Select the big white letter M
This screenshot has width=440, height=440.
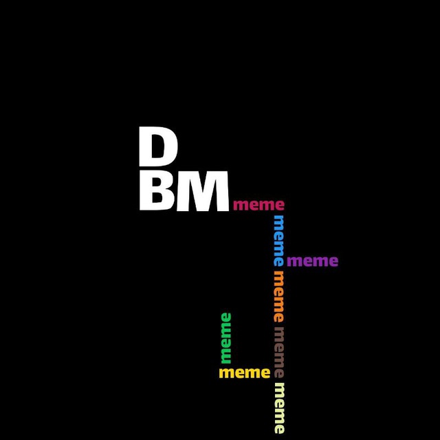coord(203,191)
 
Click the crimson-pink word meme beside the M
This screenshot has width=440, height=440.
coord(258,205)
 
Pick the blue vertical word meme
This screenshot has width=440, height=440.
coord(279,241)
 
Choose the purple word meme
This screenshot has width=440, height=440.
coord(312,261)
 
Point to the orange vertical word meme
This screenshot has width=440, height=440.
coord(279,296)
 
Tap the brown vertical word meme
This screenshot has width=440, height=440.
coord(279,352)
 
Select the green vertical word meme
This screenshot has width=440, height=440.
coord(226,338)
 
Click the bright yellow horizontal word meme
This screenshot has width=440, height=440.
coord(245,373)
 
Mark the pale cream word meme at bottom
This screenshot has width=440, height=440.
coord(279,408)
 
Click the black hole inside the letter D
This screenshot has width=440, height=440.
coord(159,146)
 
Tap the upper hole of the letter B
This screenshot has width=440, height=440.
coord(157,183)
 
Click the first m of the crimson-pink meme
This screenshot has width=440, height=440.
coord(241,206)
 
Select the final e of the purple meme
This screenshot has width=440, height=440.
coord(333,262)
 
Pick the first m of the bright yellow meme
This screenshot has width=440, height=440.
coord(227,373)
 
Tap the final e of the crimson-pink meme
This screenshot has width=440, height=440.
coord(280,206)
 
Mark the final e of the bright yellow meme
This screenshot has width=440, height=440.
coord(265,373)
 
